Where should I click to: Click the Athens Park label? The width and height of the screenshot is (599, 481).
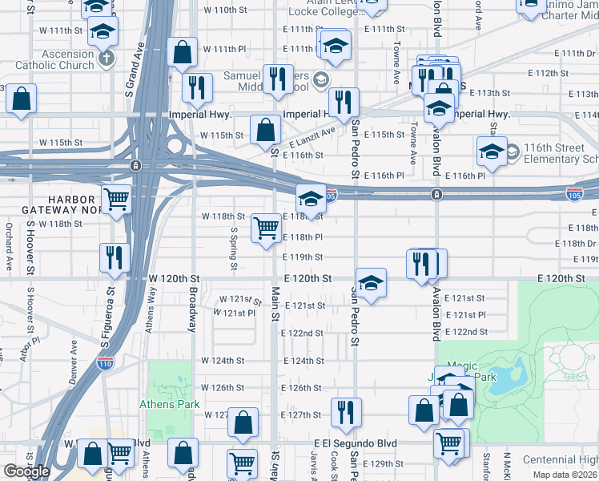(x=170, y=404)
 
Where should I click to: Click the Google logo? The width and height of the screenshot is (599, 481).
(x=26, y=471)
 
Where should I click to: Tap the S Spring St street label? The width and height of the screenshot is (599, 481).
(x=234, y=247)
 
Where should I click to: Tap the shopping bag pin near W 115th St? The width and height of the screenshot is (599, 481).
(x=265, y=129)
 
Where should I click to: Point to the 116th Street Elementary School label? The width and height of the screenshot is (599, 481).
(x=561, y=154)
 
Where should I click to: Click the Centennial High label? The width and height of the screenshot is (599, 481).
(x=561, y=460)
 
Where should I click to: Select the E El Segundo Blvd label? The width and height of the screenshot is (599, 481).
(x=356, y=443)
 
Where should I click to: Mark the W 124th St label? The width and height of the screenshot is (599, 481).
(x=220, y=361)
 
